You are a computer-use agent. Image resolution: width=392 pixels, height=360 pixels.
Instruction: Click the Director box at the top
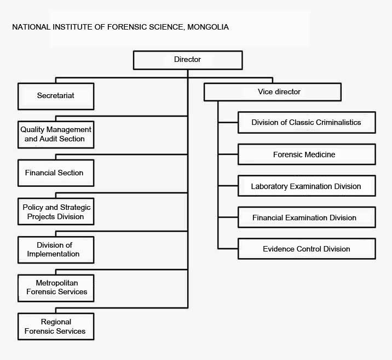pyautogui.click(x=187, y=60)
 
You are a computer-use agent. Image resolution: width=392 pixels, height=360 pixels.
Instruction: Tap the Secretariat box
pyautogui.click(x=56, y=96)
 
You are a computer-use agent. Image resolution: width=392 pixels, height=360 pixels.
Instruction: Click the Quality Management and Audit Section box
pyautogui.click(x=56, y=134)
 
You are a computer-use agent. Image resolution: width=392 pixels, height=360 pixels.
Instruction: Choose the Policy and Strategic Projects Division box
pyautogui.click(x=56, y=212)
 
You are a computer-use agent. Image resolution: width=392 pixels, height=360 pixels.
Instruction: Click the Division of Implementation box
pyautogui.click(x=56, y=249)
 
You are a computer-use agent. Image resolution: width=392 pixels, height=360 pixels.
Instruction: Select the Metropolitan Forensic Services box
pyautogui.click(x=56, y=288)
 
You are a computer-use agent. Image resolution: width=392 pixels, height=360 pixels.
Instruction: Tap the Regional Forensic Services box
pyautogui.click(x=56, y=326)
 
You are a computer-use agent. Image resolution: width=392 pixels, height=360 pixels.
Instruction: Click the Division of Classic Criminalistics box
pyautogui.click(x=307, y=122)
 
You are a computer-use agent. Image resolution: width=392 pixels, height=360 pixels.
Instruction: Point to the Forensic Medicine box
pyautogui.click(x=307, y=155)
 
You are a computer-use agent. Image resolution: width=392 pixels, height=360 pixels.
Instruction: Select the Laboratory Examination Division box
pyautogui.click(x=307, y=186)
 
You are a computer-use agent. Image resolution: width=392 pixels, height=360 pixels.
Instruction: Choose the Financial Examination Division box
pyautogui.click(x=307, y=218)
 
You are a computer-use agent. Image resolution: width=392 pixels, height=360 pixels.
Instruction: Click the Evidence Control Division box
pyautogui.click(x=307, y=249)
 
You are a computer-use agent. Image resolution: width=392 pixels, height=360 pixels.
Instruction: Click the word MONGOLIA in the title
pyautogui.click(x=210, y=27)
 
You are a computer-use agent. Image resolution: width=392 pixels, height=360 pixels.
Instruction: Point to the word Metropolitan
pyautogui.click(x=57, y=283)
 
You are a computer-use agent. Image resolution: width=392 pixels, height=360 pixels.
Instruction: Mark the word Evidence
pyautogui.click(x=279, y=249)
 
